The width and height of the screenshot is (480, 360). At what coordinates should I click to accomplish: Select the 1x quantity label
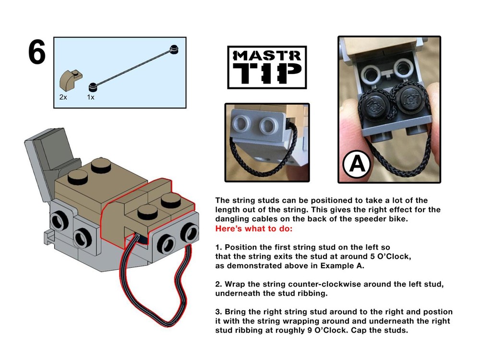coord(91,96)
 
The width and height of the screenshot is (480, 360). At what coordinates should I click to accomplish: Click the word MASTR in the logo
coord(266,56)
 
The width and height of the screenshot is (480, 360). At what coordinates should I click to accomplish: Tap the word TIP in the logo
coord(266,74)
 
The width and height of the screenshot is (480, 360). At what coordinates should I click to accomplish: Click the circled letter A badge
coord(357,165)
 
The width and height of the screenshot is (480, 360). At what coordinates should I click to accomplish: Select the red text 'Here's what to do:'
coord(253,228)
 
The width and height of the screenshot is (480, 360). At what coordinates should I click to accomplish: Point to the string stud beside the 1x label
coord(93,87)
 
